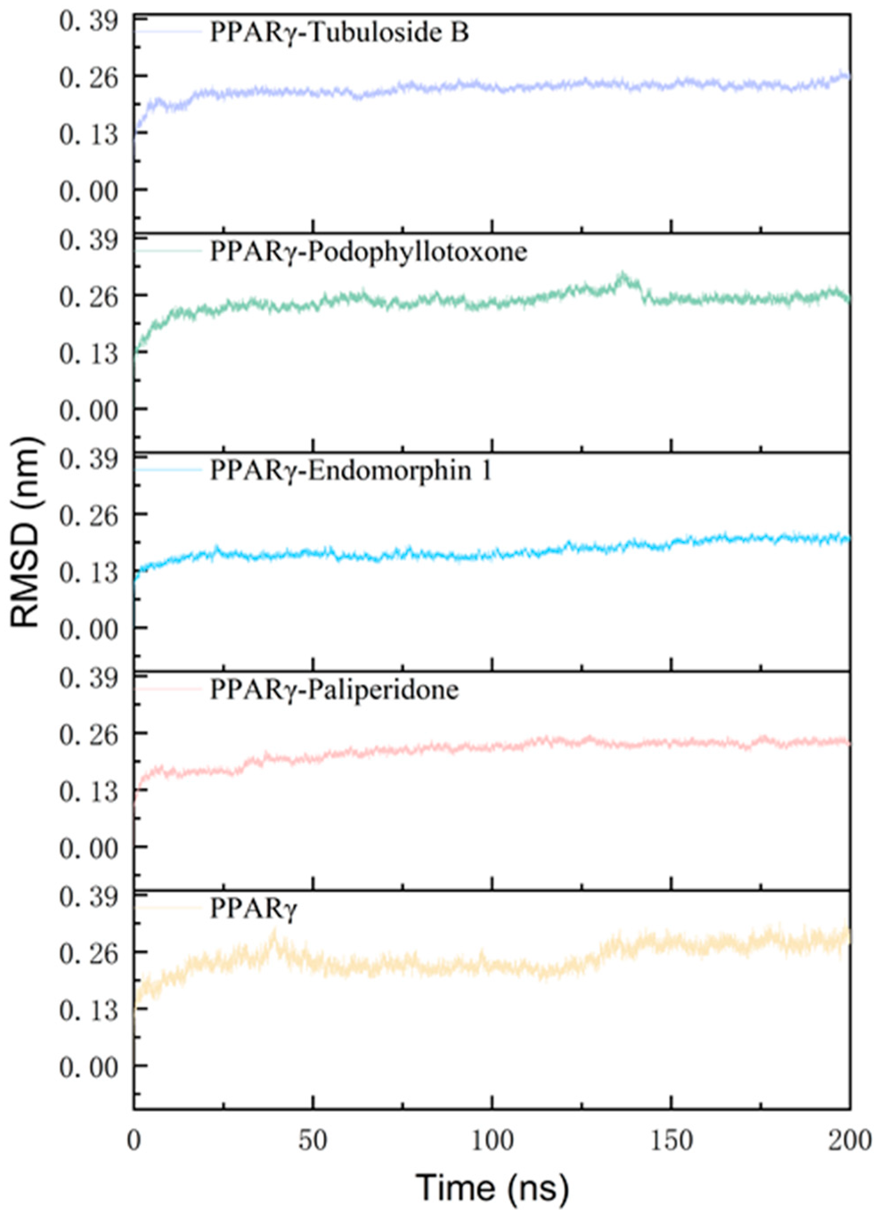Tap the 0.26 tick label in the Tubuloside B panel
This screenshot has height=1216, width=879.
pyautogui.click(x=89, y=77)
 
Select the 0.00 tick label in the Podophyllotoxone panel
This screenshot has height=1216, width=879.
pyautogui.click(x=89, y=410)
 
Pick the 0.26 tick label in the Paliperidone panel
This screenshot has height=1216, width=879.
pyautogui.click(x=89, y=734)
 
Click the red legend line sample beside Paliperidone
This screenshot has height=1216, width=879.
pyautogui.click(x=168, y=689)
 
